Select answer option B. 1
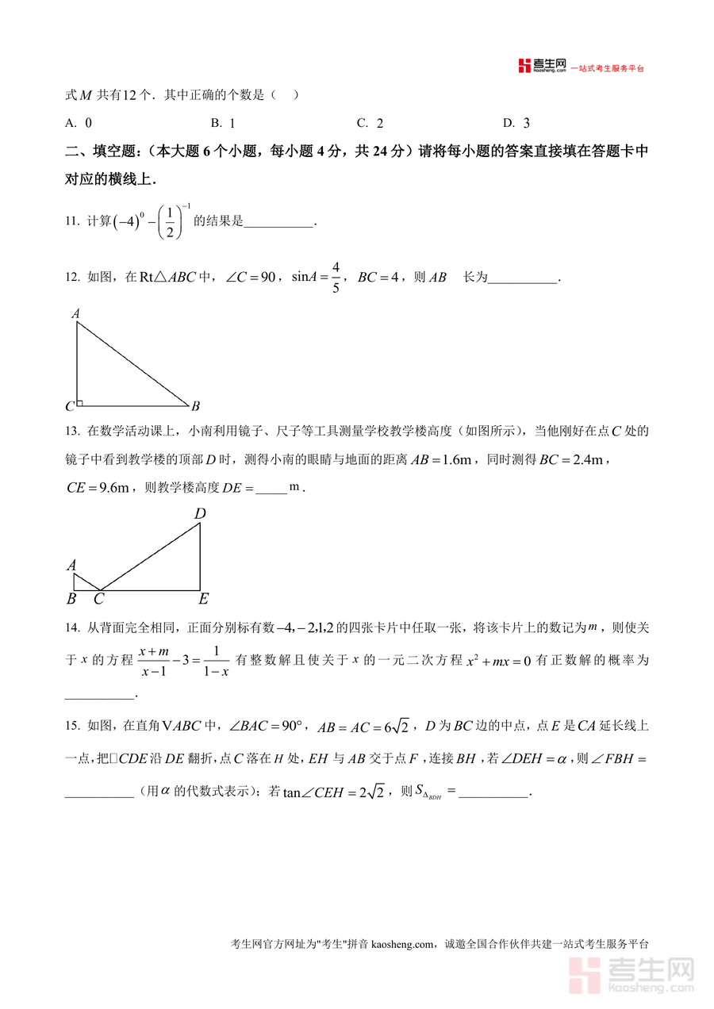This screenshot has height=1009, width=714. click(x=223, y=123)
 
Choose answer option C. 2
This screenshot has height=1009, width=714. click(x=370, y=123)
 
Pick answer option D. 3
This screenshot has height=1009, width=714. click(x=516, y=123)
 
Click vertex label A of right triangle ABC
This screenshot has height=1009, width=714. click(x=76, y=314)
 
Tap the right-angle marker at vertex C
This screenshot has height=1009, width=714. click(x=79, y=403)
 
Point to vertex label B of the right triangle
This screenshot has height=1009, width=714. click(x=195, y=406)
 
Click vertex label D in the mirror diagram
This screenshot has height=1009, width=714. click(x=200, y=514)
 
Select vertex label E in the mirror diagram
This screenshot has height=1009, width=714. click(x=203, y=600)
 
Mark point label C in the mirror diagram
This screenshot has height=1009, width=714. click(x=99, y=600)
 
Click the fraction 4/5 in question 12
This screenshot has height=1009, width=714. click(x=336, y=278)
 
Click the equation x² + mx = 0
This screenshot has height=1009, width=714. click(x=492, y=660)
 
